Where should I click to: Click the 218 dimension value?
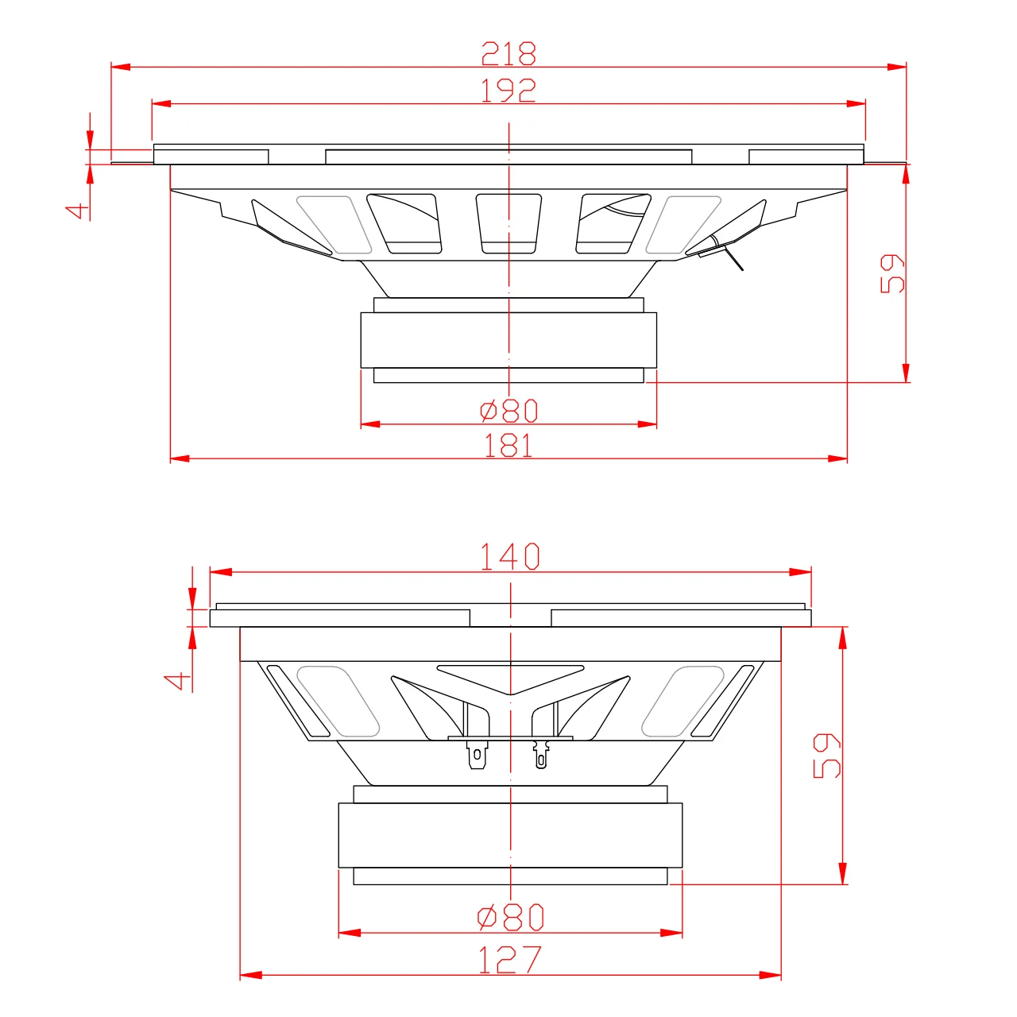(x=508, y=53)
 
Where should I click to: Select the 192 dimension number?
(x=508, y=91)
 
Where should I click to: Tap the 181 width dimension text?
(x=508, y=445)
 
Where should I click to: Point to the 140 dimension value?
(x=510, y=556)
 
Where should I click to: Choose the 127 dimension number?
(x=510, y=959)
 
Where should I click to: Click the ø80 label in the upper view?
(x=508, y=411)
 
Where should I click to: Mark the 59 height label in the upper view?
(x=892, y=273)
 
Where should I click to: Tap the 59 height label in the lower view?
(x=826, y=756)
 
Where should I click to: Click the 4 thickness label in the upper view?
(x=77, y=211)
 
